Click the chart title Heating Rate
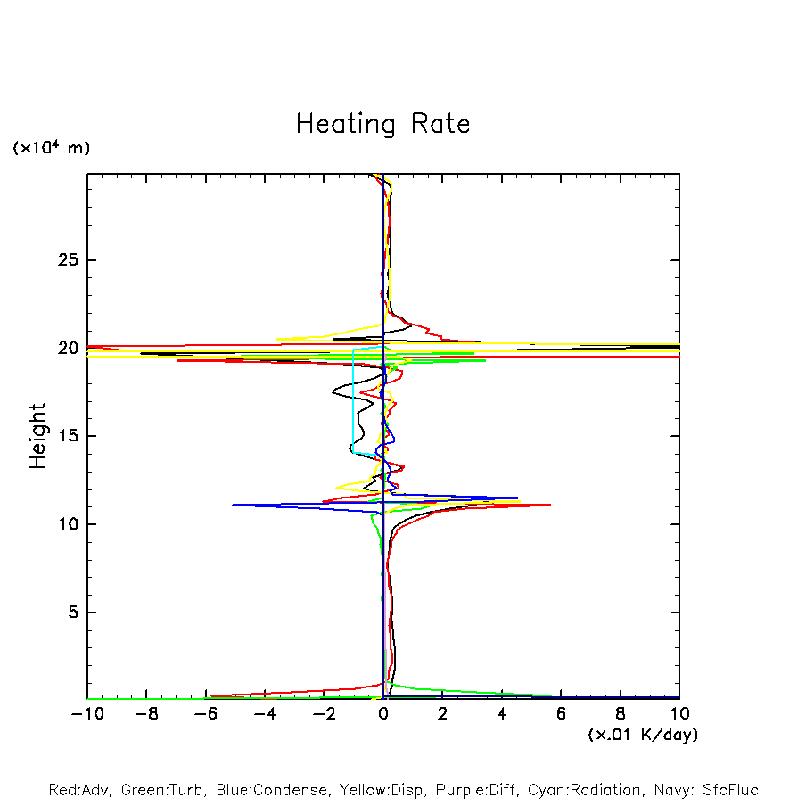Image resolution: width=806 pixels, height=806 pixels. [382, 124]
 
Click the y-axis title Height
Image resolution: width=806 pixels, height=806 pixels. [37, 436]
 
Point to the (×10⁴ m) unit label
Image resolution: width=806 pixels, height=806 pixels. [51, 148]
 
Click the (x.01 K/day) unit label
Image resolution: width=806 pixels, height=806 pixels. [643, 735]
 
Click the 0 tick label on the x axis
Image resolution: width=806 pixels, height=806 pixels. [383, 713]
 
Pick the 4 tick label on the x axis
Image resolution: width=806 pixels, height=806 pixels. [502, 713]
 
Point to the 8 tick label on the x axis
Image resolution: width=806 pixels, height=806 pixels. [621, 713]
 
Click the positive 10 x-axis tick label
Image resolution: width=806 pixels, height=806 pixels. [679, 713]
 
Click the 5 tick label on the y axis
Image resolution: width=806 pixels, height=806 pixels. [75, 613]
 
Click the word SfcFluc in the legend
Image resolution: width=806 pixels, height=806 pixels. [730, 790]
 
